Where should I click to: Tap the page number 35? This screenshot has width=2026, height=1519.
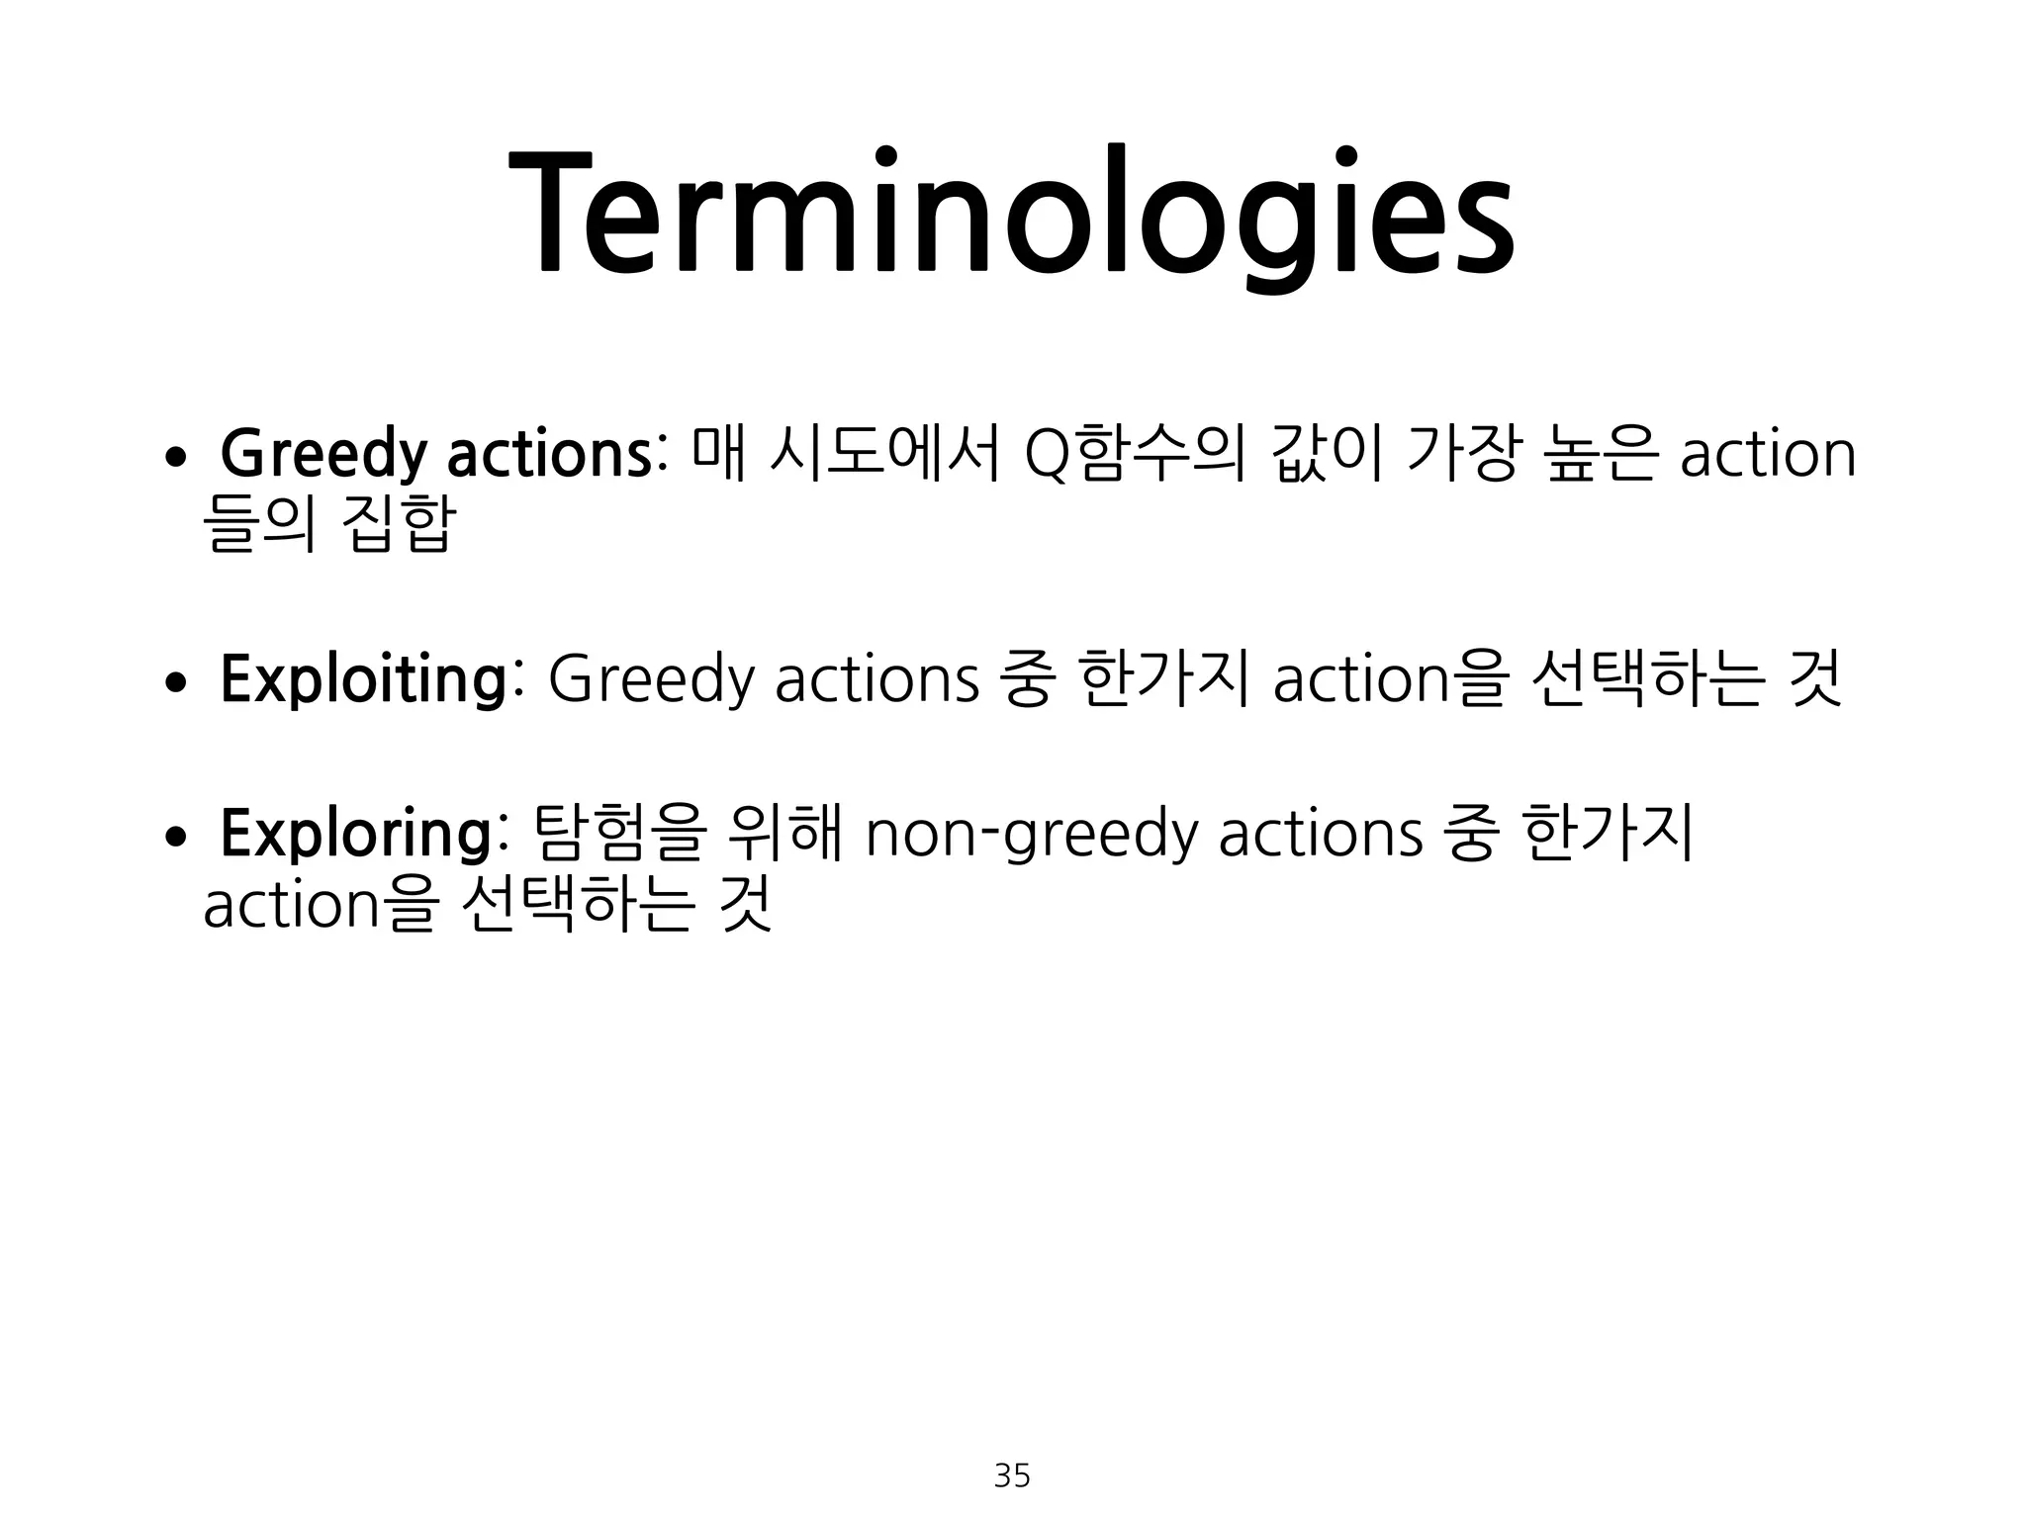1012,1475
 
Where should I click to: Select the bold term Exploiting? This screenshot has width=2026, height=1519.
363,679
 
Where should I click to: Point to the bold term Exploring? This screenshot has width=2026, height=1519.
355,834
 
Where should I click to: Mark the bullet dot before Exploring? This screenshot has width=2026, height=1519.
176,837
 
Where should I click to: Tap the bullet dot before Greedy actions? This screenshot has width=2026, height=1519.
176,457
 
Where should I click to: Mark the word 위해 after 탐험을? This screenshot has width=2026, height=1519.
783,834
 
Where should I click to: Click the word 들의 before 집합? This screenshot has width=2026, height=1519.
259,524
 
